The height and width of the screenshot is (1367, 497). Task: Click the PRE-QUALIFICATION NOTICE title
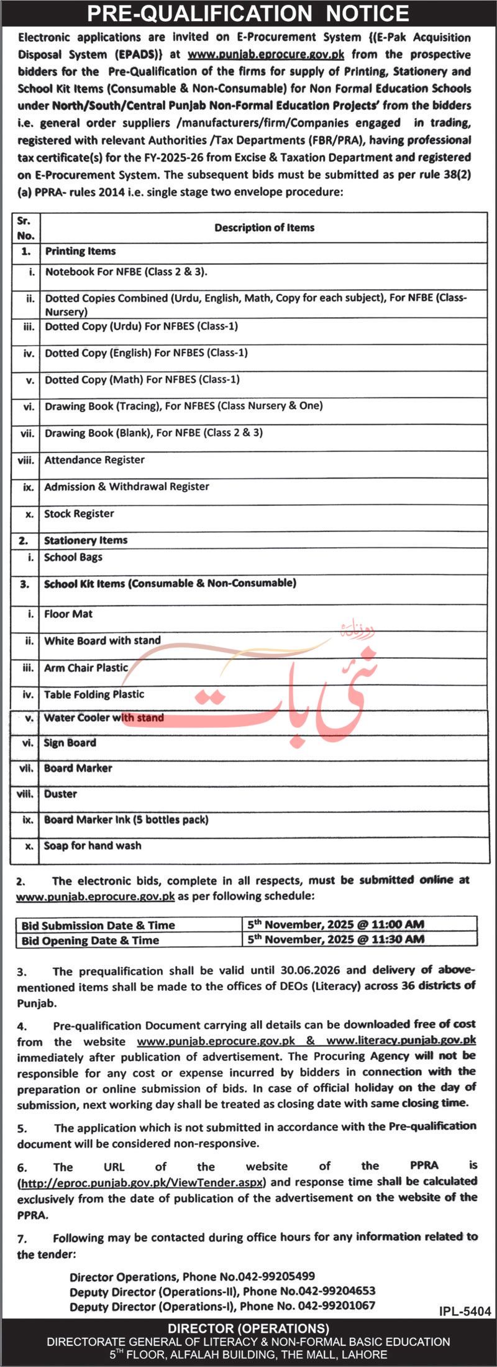coord(248,14)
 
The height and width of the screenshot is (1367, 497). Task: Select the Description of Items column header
coord(264,228)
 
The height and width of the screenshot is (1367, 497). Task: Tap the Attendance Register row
coord(94,460)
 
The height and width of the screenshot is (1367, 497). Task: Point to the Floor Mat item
coord(68,614)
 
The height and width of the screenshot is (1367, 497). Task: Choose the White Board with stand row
coord(103,641)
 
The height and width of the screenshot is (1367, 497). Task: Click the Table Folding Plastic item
coord(94,694)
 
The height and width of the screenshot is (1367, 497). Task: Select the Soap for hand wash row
coord(93,846)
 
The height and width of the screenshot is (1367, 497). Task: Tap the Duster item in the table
coord(60,794)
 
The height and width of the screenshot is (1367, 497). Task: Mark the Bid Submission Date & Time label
coord(98,926)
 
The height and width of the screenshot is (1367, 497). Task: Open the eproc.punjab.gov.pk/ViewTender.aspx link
coord(142,1182)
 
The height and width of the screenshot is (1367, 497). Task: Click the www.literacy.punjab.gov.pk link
coord(401,1040)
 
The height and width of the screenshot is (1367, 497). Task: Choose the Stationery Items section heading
coord(86,541)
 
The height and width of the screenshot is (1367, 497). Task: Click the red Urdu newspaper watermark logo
coord(280,684)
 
